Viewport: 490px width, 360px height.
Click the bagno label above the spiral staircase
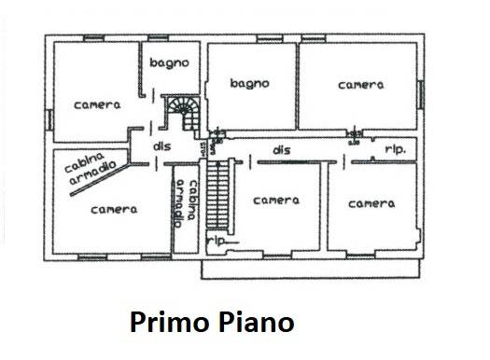(x=170, y=63)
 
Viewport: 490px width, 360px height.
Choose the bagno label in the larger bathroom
(x=250, y=83)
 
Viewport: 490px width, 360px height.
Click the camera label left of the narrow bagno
(x=97, y=105)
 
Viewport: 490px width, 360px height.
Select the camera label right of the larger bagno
(x=360, y=85)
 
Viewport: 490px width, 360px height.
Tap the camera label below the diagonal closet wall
(x=114, y=210)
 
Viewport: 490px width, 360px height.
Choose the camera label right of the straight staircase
(x=276, y=201)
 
